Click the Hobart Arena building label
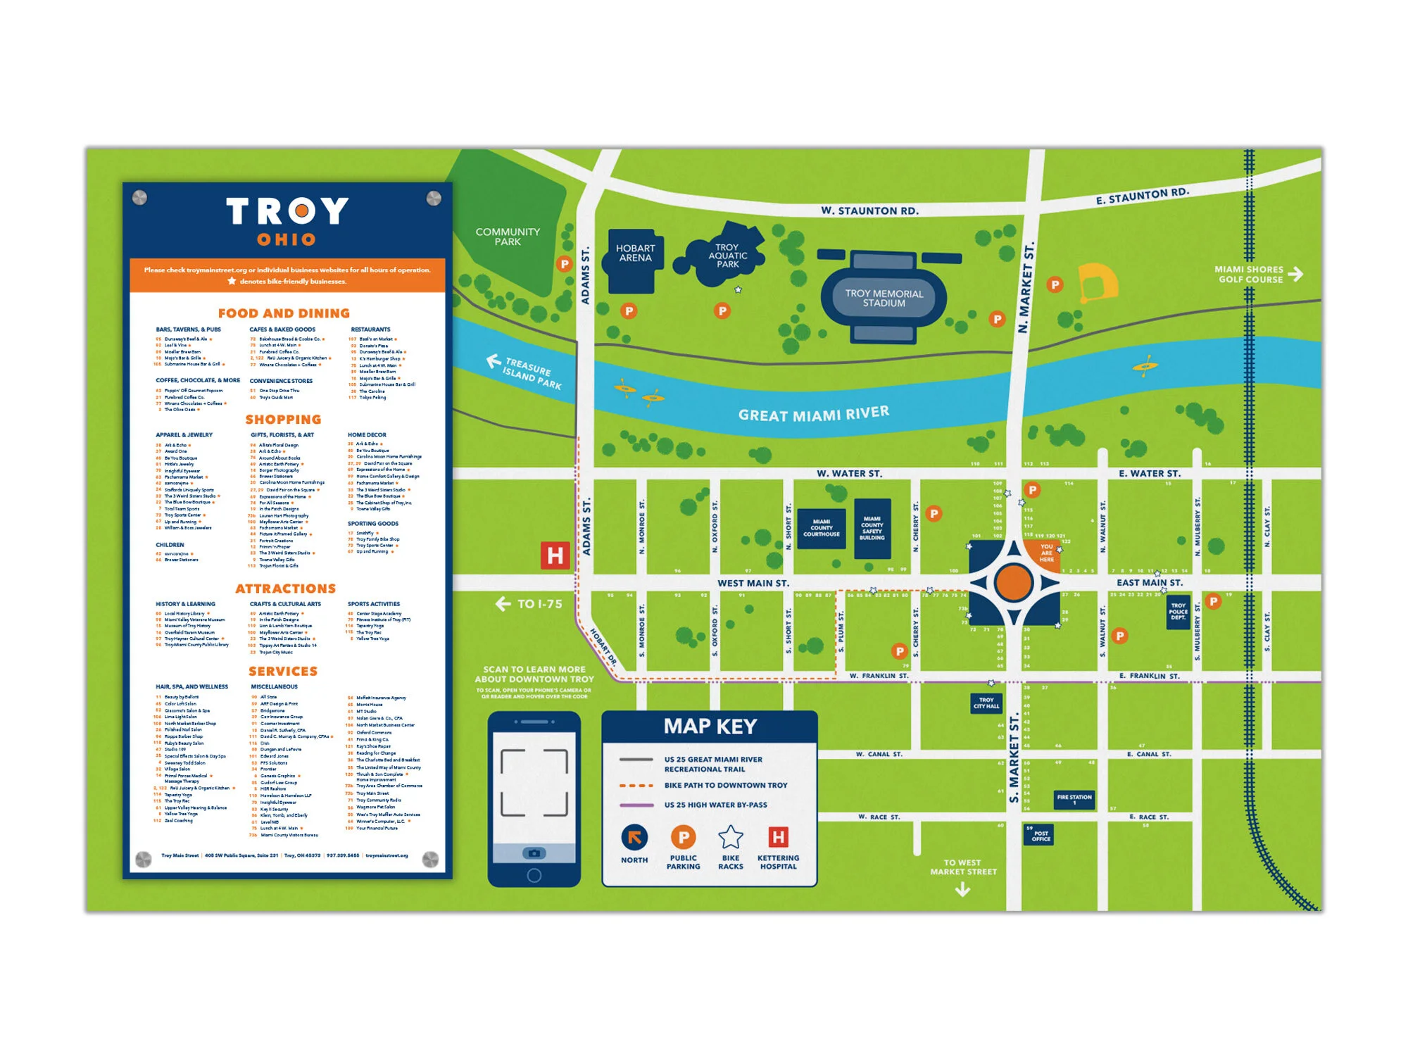pyautogui.click(x=635, y=253)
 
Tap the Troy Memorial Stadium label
pyautogui.click(x=884, y=298)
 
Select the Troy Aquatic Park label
pyautogui.click(x=727, y=256)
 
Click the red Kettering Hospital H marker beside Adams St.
pyautogui.click(x=555, y=555)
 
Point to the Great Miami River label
pyautogui.click(x=813, y=414)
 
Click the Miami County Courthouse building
pyautogui.click(x=821, y=528)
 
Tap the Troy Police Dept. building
pyautogui.click(x=1178, y=612)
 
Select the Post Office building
pyautogui.click(x=1040, y=835)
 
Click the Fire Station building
pyautogui.click(x=1074, y=799)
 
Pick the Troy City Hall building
pyautogui.click(x=986, y=703)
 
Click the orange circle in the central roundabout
pyautogui.click(x=1014, y=582)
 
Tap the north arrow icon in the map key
pyautogui.click(x=634, y=838)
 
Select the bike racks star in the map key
pyautogui.click(x=730, y=838)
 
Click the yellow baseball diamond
pyautogui.click(x=1097, y=282)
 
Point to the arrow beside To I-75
pyautogui.click(x=503, y=604)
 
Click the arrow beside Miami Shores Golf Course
pyautogui.click(x=1295, y=274)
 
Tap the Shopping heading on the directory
pyautogui.click(x=283, y=420)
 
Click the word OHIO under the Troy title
pyautogui.click(x=286, y=240)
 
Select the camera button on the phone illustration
pyautogui.click(x=534, y=853)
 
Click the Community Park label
pyautogui.click(x=508, y=237)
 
